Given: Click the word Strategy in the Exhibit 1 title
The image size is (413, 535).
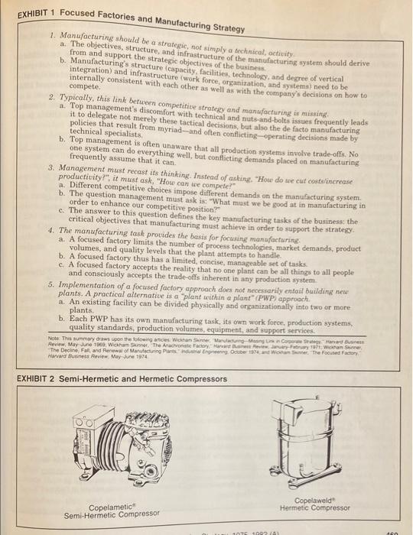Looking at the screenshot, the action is (x=222, y=28).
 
